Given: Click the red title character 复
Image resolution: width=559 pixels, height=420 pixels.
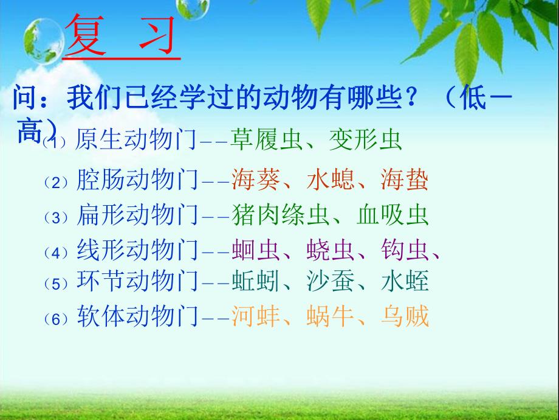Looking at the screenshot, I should pyautogui.click(x=85, y=37).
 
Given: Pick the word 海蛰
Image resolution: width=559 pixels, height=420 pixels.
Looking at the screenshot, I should pyautogui.click(x=404, y=181).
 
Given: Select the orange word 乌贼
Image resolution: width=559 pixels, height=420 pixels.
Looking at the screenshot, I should pyautogui.click(x=404, y=317).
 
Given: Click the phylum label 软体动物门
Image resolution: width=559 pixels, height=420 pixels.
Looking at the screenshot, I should pyautogui.click(x=137, y=317).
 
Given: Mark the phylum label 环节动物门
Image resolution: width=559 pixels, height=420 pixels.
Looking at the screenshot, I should pyautogui.click(x=137, y=281).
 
